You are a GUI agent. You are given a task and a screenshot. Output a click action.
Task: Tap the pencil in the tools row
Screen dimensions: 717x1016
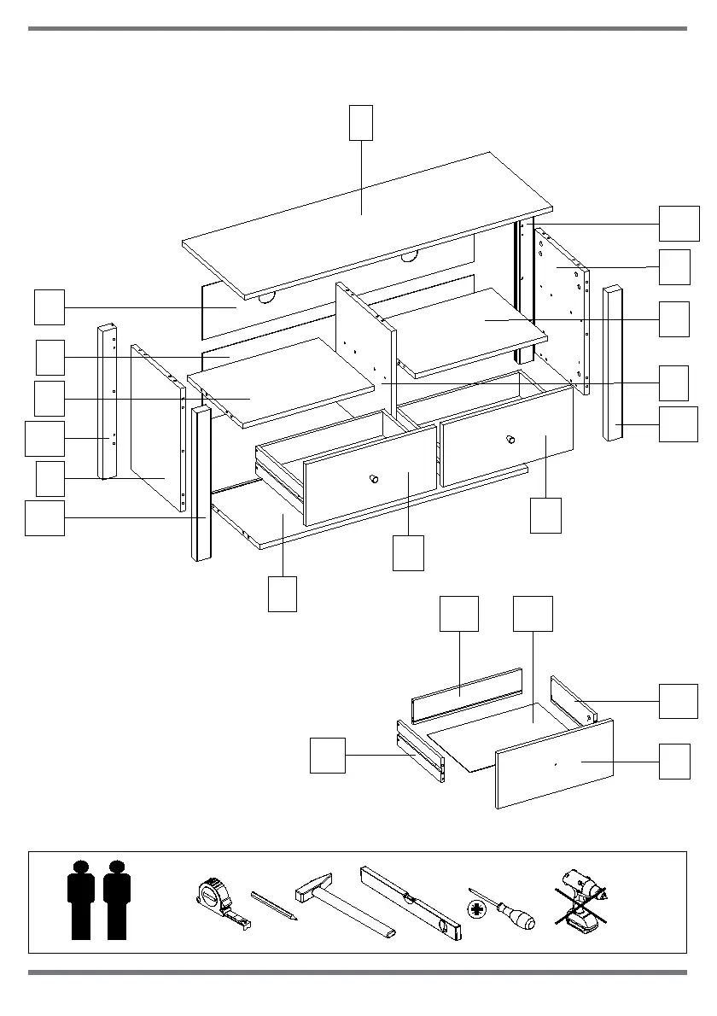click(x=273, y=906)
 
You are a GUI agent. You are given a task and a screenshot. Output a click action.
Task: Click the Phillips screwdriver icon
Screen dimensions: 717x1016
click(x=501, y=910)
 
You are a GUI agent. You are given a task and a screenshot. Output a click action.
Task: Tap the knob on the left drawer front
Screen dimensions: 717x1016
click(x=373, y=478)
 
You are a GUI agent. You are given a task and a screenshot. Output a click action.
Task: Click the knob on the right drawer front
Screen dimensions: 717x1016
click(x=510, y=440)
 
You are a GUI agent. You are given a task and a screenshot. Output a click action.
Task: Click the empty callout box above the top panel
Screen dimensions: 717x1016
click(x=361, y=122)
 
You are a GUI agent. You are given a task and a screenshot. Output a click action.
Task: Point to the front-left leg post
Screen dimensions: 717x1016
click(x=201, y=483)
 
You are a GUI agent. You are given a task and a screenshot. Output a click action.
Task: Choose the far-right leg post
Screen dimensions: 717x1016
click(x=614, y=363)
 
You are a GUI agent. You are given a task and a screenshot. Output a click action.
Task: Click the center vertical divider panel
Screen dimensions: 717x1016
click(x=365, y=333)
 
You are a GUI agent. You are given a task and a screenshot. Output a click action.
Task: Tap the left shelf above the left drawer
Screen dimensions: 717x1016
click(x=282, y=380)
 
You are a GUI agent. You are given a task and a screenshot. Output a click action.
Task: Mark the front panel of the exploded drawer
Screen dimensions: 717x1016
click(x=555, y=762)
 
